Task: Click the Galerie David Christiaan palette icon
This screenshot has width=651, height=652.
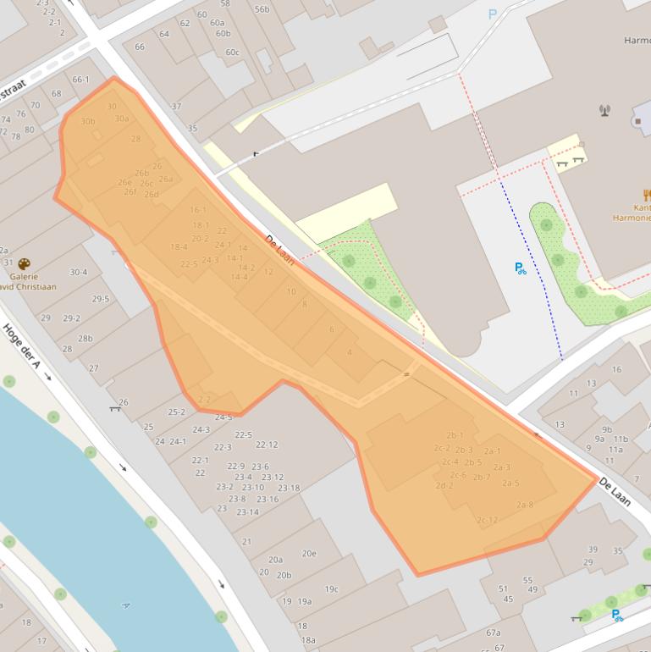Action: [x=24, y=264]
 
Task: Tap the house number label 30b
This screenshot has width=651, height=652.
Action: [x=88, y=121]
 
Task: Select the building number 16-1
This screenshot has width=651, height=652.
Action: [x=198, y=210]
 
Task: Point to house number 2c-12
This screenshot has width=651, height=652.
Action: [x=487, y=520]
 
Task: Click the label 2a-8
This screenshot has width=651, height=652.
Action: [x=524, y=505]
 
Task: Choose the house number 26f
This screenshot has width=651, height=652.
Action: [x=130, y=192]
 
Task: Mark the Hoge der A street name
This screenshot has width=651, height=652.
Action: [x=22, y=347]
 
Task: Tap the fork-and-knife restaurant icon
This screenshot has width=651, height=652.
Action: [x=647, y=196]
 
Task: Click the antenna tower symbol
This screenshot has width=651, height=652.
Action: [x=604, y=109]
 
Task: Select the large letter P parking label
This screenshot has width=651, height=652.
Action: [x=493, y=14]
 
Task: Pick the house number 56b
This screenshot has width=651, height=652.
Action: [x=262, y=9]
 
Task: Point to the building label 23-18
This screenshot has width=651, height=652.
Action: [x=289, y=488]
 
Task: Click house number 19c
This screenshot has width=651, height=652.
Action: [x=331, y=589]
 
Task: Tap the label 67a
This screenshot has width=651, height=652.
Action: [x=494, y=633]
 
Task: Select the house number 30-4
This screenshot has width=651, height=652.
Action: [x=79, y=272]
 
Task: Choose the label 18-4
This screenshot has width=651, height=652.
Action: [x=179, y=247]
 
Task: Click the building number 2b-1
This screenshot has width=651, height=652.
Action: [x=455, y=435]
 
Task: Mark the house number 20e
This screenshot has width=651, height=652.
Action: [x=309, y=554]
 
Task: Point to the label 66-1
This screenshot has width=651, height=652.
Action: [x=80, y=80]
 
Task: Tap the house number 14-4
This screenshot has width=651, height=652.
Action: [x=239, y=277]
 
